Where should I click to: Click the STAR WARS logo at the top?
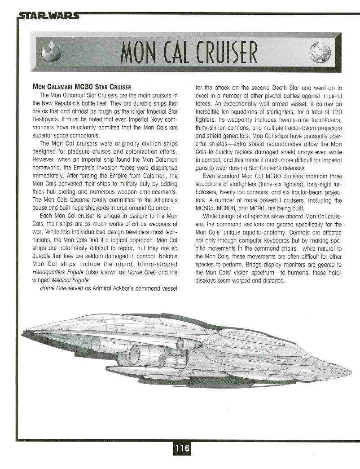pyautogui.click(x=48, y=16)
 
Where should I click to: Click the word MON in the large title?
pyautogui.click(x=137, y=53)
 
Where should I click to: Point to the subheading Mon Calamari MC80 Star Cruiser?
pyautogui.click(x=82, y=87)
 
